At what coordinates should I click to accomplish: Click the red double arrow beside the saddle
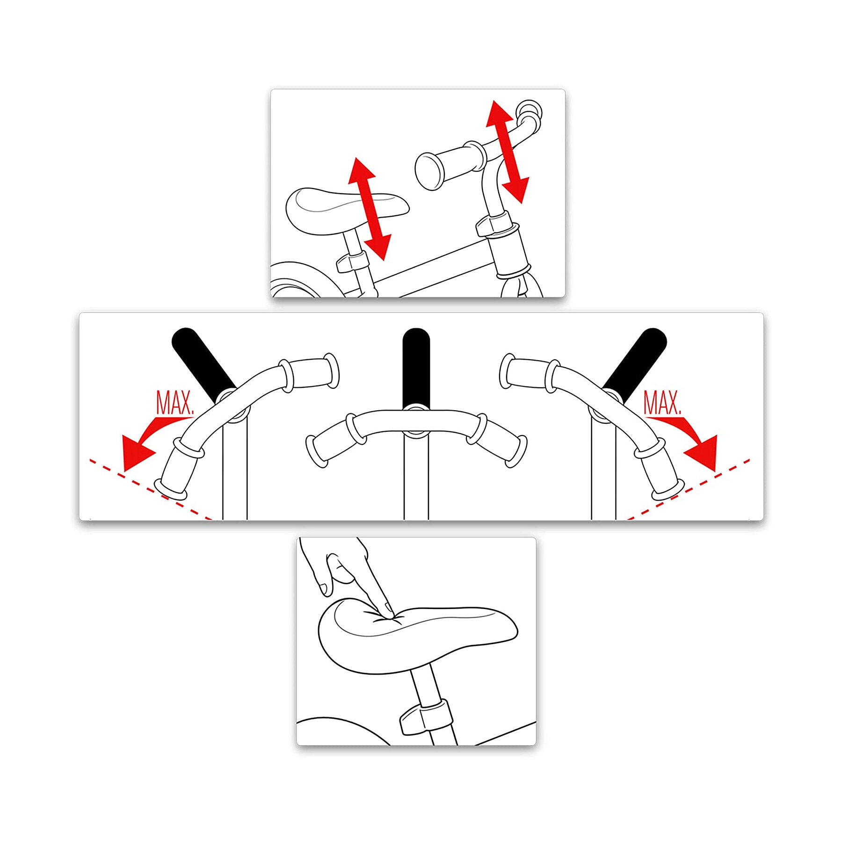(x=369, y=209)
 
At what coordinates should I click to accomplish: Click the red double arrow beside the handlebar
(x=507, y=152)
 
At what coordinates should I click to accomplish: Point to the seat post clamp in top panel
(x=351, y=262)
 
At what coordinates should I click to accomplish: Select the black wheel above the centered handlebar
(x=416, y=367)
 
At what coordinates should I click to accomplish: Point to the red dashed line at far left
(x=151, y=489)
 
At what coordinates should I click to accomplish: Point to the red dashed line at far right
(x=688, y=489)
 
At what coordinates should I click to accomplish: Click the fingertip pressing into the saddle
(x=389, y=608)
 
